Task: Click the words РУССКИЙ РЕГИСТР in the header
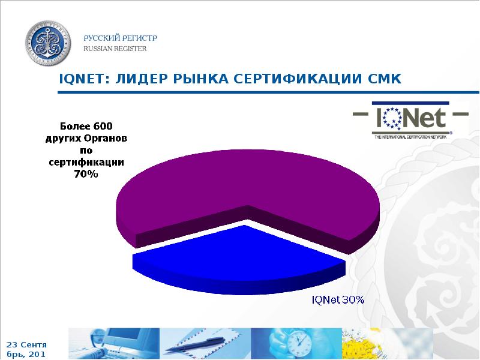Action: [x=120, y=38]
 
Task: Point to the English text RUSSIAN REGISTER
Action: [x=115, y=49]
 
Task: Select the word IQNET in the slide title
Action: [x=82, y=79]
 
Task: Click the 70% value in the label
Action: [x=86, y=174]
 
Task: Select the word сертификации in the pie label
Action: [x=86, y=162]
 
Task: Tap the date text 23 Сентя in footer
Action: [x=26, y=345]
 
